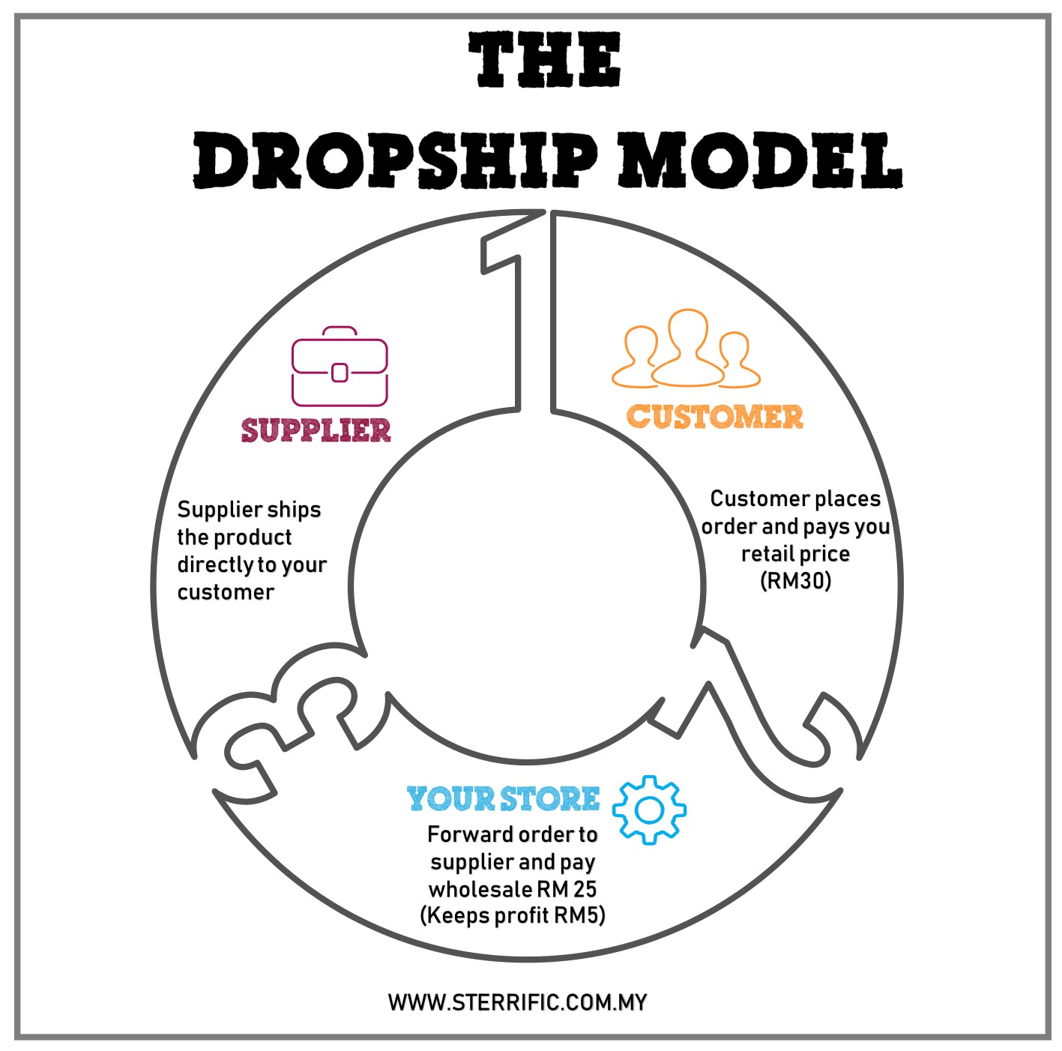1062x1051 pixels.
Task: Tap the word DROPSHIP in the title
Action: [396, 161]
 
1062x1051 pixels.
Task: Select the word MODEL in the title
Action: [759, 161]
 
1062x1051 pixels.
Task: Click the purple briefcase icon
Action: [340, 367]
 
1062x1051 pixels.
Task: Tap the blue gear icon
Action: [649, 810]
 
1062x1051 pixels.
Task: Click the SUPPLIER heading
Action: [316, 430]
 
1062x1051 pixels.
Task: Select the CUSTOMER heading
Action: [714, 417]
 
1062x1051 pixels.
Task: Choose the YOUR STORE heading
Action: [503, 799]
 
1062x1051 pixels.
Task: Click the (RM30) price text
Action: [795, 581]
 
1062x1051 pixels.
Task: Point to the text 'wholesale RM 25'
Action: [513, 889]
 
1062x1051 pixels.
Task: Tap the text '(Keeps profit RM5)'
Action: [513, 915]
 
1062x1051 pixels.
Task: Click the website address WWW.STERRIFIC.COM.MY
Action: [517, 1002]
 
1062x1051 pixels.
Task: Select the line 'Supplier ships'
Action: [249, 510]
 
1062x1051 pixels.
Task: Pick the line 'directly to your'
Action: [252, 564]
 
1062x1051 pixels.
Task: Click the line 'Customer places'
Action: [795, 499]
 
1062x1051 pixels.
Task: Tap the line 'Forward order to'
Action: [513, 834]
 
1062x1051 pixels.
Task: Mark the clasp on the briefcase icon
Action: [340, 372]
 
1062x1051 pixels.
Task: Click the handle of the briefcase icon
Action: [340, 331]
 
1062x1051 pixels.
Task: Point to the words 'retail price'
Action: [795, 554]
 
